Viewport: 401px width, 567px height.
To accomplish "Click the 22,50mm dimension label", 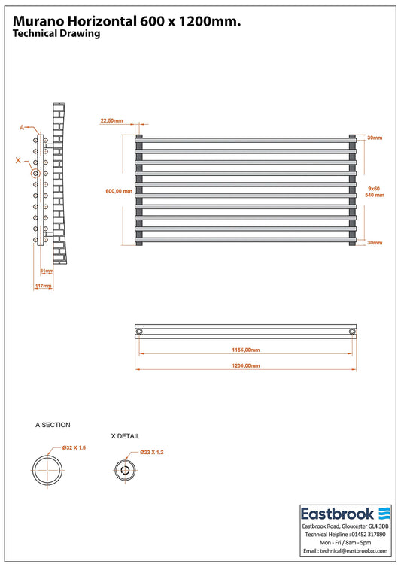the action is tap(111, 120).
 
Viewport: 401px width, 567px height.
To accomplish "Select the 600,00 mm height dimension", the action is tap(119, 191).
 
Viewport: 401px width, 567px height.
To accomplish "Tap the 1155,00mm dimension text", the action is tap(246, 350).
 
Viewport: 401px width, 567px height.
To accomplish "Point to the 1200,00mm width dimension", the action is tap(246, 366).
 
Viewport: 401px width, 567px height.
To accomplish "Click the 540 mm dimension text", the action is tap(375, 196).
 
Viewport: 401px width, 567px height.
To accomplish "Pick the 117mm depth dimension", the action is tap(43, 286).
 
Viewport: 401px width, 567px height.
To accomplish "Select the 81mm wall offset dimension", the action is tap(47, 271).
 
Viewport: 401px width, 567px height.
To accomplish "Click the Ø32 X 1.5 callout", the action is tap(74, 447).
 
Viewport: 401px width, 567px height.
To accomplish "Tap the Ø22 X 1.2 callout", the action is tap(152, 453).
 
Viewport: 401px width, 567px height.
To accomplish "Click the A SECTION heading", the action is tap(53, 425).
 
